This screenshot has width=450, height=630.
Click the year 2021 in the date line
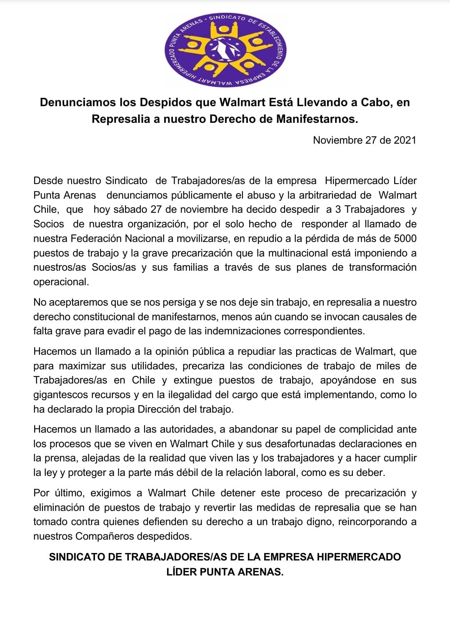coord(405,140)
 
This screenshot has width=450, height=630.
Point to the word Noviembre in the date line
coord(337,140)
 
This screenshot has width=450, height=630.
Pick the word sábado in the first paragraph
coord(129,209)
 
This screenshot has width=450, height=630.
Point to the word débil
coord(217,473)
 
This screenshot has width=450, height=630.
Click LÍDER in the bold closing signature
coord(182,572)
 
